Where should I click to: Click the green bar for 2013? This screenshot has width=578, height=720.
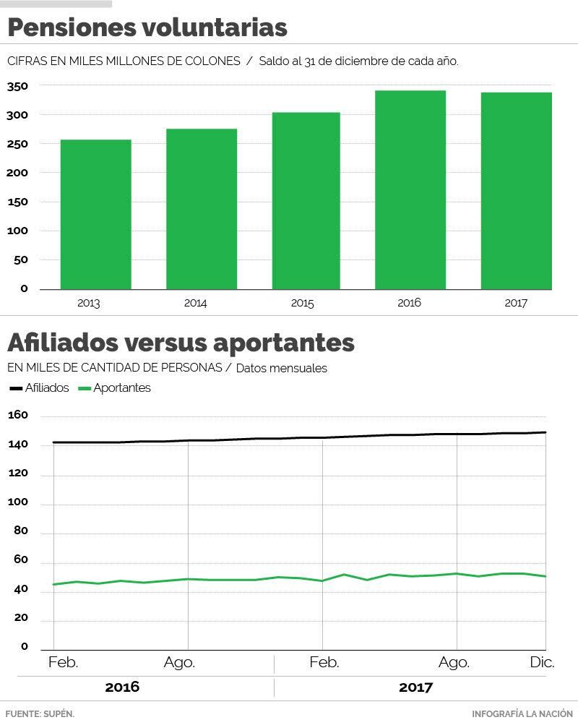click(95, 215)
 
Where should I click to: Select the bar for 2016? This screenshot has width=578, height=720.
click(410, 190)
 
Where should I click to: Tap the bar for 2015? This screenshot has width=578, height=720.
click(305, 201)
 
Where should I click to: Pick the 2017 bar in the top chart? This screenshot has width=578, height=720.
click(516, 191)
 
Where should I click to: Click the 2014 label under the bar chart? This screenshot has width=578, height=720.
click(195, 304)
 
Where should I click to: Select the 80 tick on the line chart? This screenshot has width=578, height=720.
click(20, 531)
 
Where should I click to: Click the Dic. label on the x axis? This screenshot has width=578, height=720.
click(542, 663)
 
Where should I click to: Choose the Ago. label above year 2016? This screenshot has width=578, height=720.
click(179, 663)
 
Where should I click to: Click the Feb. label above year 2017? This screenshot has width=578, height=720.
click(324, 663)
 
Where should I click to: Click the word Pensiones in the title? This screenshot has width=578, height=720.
click(69, 28)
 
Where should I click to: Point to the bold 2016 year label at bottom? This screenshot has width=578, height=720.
click(122, 687)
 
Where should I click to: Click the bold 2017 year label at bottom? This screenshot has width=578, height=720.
click(415, 687)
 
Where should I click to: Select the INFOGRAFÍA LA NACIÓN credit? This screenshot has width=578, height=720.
click(524, 713)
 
